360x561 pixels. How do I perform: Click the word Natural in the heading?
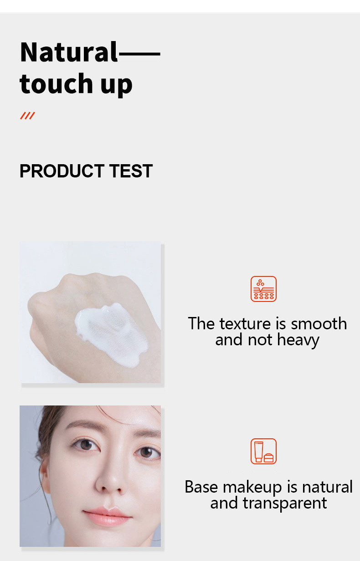tap(69, 52)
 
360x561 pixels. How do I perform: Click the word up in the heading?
tap(116, 86)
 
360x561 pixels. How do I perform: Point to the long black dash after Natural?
tap(139, 53)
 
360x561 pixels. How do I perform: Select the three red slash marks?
tap(27, 116)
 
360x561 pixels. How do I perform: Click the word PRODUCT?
tap(62, 171)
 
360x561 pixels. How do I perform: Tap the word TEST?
tap(131, 171)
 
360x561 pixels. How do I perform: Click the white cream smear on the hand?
tap(111, 335)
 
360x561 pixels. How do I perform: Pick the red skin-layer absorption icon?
tap(263, 289)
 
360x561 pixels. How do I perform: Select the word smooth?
tap(319, 323)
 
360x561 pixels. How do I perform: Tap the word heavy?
tap(298, 340)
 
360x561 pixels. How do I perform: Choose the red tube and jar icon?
tap(263, 451)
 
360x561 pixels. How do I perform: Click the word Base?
tap(201, 487)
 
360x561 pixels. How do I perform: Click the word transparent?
tap(285, 504)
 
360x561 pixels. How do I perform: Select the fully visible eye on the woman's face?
tap(86, 445)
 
